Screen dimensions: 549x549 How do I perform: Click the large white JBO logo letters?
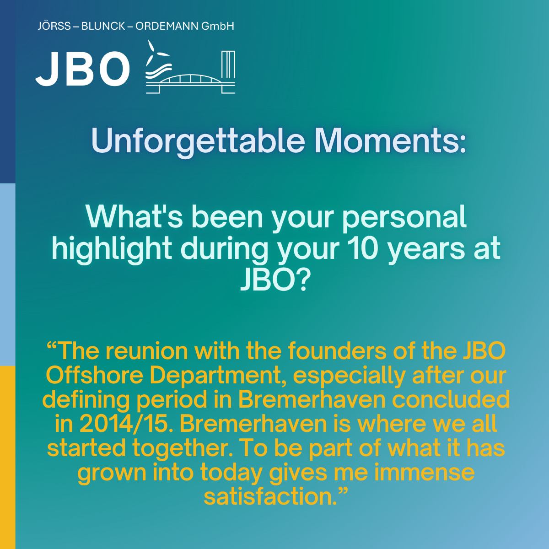pyautogui.click(x=83, y=69)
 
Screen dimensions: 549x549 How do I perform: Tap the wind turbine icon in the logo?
pyautogui.click(x=157, y=55)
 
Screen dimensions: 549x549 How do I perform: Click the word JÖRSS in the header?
pyautogui.click(x=54, y=26)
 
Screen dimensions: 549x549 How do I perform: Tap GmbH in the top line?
pyautogui.click(x=218, y=26)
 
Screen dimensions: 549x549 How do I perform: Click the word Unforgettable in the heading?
pyautogui.click(x=198, y=141)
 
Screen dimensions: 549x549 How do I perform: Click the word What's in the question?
pyautogui.click(x=134, y=217)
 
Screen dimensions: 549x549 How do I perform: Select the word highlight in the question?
pyautogui.click(x=112, y=249)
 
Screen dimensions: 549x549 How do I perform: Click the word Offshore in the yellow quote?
pyautogui.click(x=94, y=376)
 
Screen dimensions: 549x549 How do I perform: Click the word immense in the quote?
pyautogui.click(x=425, y=473)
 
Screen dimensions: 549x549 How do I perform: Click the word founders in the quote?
pyautogui.click(x=337, y=351)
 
